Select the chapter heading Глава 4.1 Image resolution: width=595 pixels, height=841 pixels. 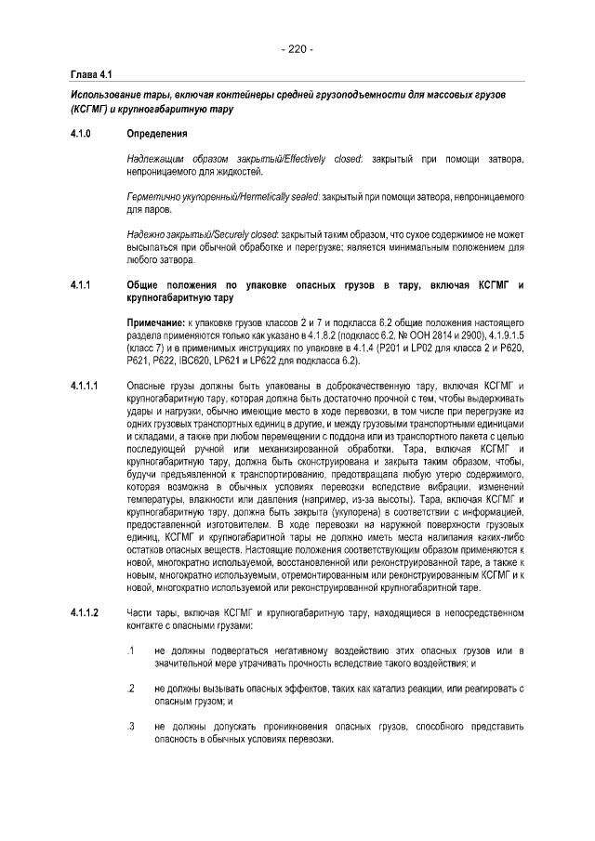pyautogui.click(x=91, y=73)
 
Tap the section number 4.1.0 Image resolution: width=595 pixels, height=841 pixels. pyautogui.click(x=82, y=134)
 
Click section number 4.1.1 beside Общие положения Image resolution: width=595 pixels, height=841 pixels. pyautogui.click(x=82, y=283)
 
